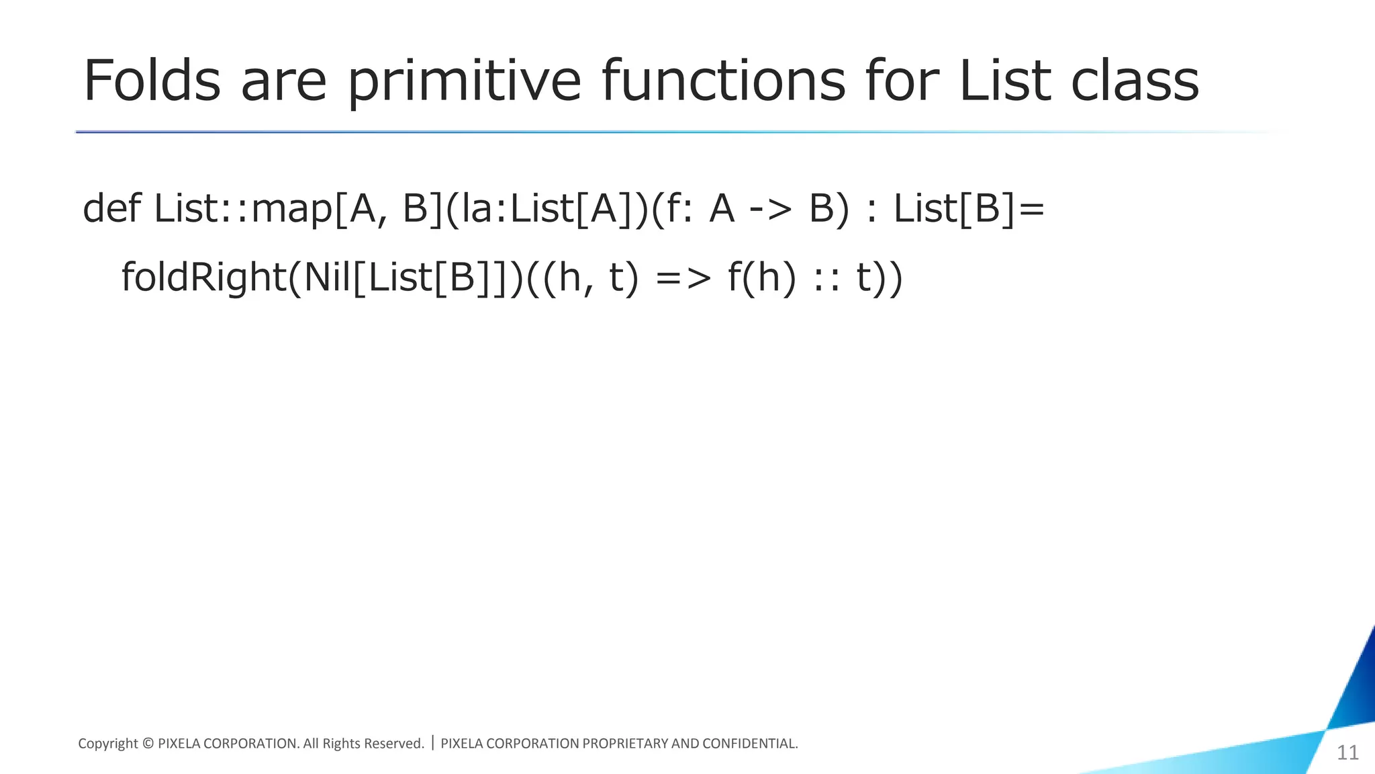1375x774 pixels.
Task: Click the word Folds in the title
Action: tap(152, 81)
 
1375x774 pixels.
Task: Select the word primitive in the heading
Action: tap(464, 81)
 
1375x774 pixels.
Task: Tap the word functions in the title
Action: tap(723, 81)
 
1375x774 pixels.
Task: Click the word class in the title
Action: tap(1134, 81)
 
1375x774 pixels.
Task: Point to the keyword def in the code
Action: tap(111, 208)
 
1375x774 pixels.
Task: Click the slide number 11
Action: tap(1347, 752)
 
